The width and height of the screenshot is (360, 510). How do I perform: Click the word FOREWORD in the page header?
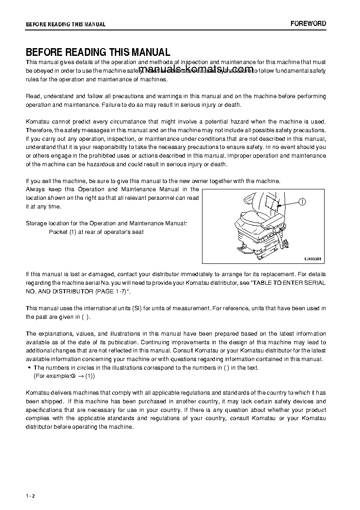[x=308, y=24]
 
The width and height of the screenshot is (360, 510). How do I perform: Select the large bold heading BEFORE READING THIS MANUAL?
[x=98, y=52]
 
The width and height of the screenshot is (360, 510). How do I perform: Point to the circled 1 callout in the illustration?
[x=303, y=202]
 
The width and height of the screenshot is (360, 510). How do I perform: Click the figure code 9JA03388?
[x=312, y=258]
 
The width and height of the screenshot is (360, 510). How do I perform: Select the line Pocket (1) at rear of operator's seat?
[x=96, y=232]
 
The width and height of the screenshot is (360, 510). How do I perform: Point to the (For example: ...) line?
[x=64, y=376]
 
